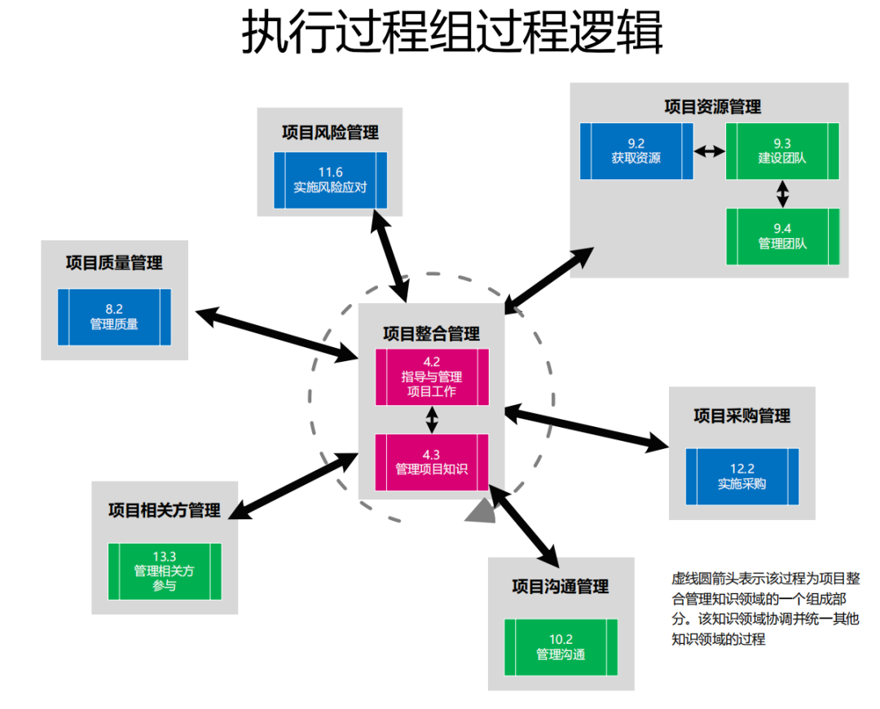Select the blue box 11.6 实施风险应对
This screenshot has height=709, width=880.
tap(330, 179)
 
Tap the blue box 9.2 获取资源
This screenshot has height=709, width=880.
tap(636, 151)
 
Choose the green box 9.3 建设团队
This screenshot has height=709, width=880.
tap(782, 151)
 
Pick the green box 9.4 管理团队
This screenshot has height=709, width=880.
tap(782, 236)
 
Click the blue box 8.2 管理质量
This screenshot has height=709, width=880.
tap(114, 316)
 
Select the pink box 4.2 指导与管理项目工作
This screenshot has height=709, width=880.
tap(432, 377)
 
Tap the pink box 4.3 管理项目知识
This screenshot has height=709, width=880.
tap(432, 462)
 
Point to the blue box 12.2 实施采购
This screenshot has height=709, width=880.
tap(741, 476)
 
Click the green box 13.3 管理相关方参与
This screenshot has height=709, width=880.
tap(165, 570)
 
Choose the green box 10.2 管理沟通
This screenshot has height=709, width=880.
tap(561, 647)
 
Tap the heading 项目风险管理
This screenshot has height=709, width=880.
tap(330, 132)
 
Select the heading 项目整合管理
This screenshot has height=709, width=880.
tap(432, 333)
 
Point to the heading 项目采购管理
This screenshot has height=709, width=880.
tap(741, 416)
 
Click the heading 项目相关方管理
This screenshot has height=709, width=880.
tap(165, 510)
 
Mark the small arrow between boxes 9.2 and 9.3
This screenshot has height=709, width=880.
tap(709, 151)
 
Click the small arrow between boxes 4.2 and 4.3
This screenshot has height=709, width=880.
tap(432, 420)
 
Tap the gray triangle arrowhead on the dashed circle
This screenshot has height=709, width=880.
tap(480, 511)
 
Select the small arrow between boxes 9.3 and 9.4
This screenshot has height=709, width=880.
tap(782, 193)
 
